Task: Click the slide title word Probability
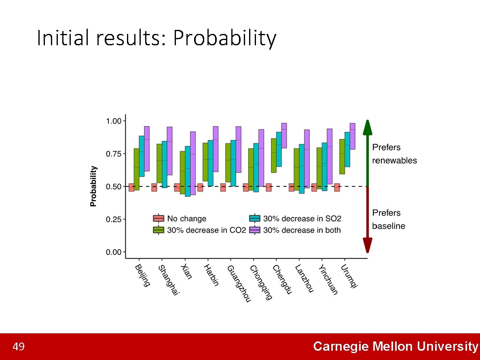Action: (x=224, y=39)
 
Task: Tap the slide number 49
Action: (x=19, y=347)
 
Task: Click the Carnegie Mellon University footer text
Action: (x=395, y=347)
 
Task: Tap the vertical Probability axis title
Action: (x=93, y=186)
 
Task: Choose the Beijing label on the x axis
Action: (x=142, y=276)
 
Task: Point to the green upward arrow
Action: (x=367, y=154)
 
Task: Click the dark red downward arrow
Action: (x=367, y=220)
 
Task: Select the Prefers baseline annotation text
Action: (x=388, y=219)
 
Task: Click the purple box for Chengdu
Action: (x=284, y=136)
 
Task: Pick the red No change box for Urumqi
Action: (x=337, y=187)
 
